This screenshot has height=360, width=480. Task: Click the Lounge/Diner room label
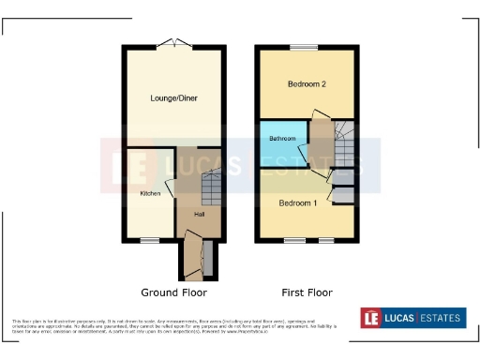pyautogui.click(x=173, y=97)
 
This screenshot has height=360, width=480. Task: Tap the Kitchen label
pyautogui.click(x=150, y=193)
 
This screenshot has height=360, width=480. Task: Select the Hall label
pyautogui.click(x=199, y=214)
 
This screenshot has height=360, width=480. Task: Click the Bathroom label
pyautogui.click(x=282, y=139)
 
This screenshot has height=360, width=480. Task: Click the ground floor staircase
pyautogui.click(x=212, y=190)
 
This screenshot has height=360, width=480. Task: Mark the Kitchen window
pyautogui.click(x=148, y=241)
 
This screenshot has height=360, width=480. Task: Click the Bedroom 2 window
pyautogui.click(x=304, y=47)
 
